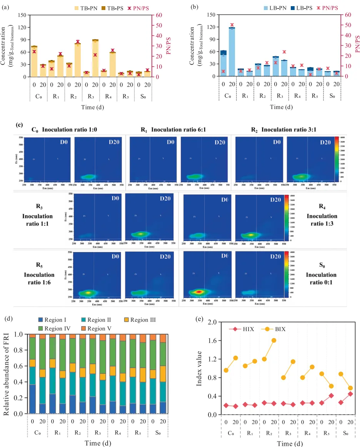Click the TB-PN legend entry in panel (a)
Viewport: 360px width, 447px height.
pyautogui.click(x=90, y=7)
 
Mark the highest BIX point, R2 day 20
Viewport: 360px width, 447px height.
pyautogui.click(x=274, y=340)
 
